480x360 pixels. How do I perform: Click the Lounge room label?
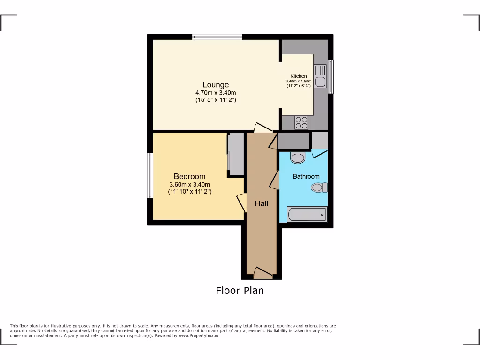[x=216, y=85]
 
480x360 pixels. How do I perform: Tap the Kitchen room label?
[x=299, y=76]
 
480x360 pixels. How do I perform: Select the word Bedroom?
[x=189, y=176]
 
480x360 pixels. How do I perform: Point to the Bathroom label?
[x=306, y=177]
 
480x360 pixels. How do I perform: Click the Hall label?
[x=262, y=203]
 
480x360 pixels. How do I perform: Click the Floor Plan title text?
[x=240, y=291]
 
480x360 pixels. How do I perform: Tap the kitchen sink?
[x=321, y=77]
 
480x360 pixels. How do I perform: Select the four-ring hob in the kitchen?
[x=301, y=122]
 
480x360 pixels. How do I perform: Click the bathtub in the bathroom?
[x=307, y=215]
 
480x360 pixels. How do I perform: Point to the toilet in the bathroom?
[x=319, y=188]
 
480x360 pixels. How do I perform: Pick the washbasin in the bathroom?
[x=298, y=157]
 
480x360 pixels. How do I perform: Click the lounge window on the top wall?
[x=217, y=37]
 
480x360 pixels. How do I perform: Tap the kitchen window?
[x=330, y=76]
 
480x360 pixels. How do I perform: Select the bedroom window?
[x=150, y=176]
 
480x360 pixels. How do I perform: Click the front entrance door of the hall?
[x=262, y=271]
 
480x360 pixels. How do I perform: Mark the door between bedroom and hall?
[x=241, y=202]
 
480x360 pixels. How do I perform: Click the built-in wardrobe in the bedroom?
[x=235, y=154]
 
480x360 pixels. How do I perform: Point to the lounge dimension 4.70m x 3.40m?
[x=216, y=93]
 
